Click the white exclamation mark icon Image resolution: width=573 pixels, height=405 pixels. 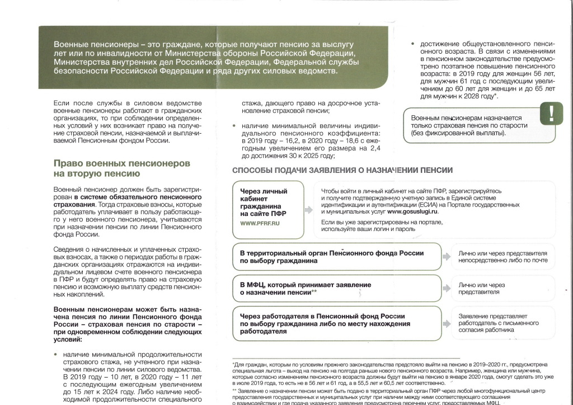[x=552, y=114]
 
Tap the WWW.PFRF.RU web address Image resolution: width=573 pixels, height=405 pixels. [x=260, y=223]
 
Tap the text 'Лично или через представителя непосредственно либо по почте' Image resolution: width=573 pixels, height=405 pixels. [x=502, y=257]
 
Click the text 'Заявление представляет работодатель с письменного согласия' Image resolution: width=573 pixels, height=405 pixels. [x=498, y=323]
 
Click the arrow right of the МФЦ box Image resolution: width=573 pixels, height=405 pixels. [x=447, y=288]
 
